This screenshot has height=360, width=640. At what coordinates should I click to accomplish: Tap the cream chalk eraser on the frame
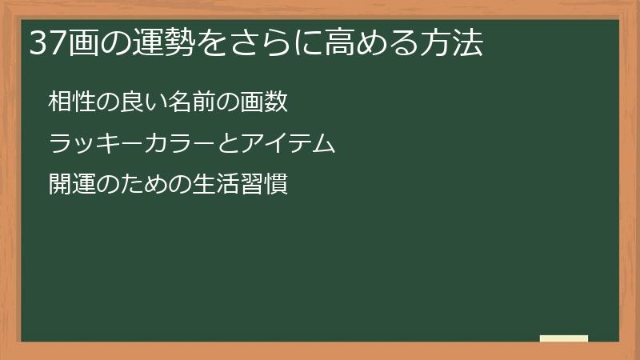pos(564,338)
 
